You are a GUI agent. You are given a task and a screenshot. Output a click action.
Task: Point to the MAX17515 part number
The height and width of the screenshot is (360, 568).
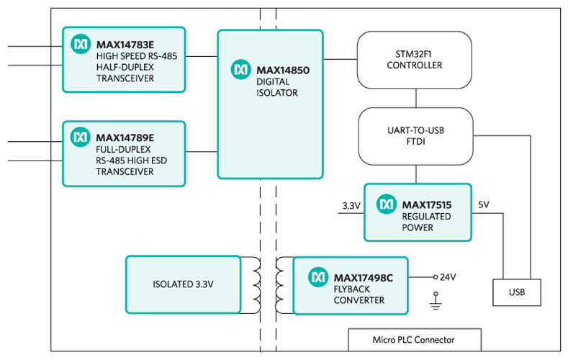coord(426,205)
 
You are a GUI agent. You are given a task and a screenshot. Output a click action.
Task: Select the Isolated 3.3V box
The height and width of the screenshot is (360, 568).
coord(183,284)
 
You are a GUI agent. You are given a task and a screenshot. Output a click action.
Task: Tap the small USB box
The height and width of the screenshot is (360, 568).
coord(517,292)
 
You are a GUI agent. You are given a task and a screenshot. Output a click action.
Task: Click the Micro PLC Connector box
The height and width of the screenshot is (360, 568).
coord(413,339)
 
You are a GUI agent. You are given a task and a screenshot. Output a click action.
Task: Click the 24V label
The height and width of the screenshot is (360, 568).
coord(447,276)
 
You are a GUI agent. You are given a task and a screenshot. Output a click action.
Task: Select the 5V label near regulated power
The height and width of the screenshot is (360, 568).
coord(484,204)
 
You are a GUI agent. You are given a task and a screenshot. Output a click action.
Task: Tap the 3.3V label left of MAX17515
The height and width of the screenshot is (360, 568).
coord(351,205)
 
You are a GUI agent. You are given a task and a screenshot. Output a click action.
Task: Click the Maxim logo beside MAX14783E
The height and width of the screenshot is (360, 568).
coord(80,44)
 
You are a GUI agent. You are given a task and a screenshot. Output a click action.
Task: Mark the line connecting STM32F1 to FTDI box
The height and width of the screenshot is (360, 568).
coord(415,97)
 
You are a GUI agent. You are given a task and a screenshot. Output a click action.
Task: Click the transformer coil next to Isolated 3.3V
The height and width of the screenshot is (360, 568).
coord(251,284)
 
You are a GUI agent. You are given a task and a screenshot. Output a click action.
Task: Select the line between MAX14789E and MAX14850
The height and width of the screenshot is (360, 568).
coord(202,152)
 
